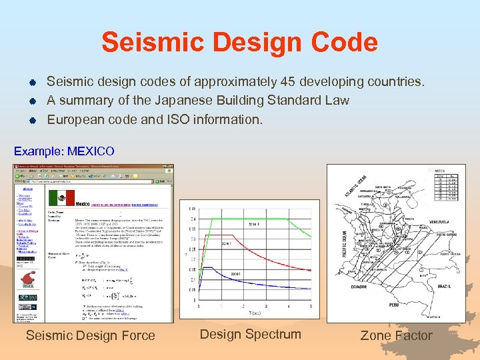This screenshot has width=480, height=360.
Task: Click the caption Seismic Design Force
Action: [90, 335]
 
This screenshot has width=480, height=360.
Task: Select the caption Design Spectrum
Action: [250, 334]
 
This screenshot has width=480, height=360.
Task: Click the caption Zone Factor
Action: [396, 335]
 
